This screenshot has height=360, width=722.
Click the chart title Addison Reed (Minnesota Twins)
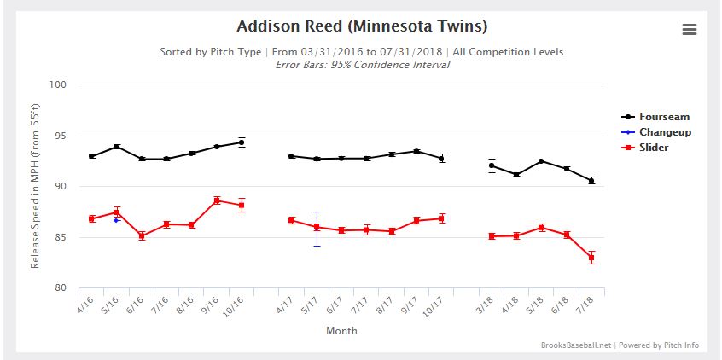[x=362, y=26]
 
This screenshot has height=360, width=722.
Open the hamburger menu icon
[x=690, y=30]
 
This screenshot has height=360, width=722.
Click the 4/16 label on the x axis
[x=84, y=303]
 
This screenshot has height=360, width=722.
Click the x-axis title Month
[x=341, y=331]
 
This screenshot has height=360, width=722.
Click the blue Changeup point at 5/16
[x=116, y=220]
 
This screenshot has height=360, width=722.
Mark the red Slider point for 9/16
[x=217, y=200]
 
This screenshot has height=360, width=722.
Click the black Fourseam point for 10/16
[x=242, y=142]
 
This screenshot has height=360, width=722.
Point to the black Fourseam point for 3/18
[x=492, y=165]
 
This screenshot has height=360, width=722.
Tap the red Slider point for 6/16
[x=142, y=235]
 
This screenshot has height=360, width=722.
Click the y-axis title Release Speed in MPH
[x=35, y=185]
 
